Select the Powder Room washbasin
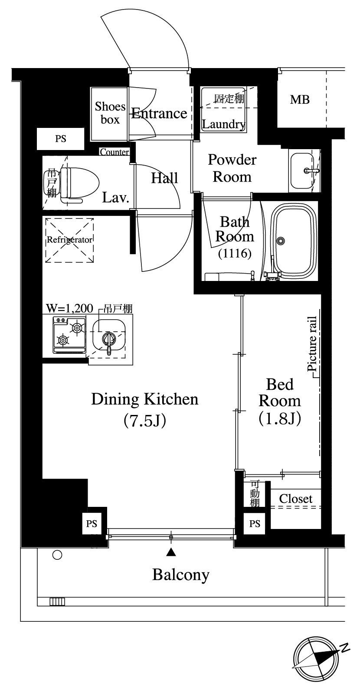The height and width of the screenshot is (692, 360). click(302, 171)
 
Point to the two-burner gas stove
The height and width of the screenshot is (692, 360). click(69, 335)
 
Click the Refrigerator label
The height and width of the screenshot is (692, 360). click(69, 240)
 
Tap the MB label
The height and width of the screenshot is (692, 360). click(300, 99)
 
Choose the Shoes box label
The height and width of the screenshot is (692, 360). click(110, 113)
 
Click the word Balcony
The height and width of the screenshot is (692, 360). click(181, 574)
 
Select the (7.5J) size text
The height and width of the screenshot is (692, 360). click(145, 420)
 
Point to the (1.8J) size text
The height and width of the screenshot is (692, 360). click(280, 418)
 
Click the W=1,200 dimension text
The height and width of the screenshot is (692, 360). click(69, 308)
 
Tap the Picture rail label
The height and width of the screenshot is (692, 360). click(312, 344)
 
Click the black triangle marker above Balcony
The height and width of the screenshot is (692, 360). click(171, 552)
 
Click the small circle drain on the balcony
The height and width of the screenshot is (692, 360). click(57, 555)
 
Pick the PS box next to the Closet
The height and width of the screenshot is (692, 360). click(255, 524)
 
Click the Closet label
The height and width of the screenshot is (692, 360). click(296, 499)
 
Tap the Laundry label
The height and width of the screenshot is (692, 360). click(224, 124)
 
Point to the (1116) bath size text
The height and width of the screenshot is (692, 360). click(235, 253)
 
